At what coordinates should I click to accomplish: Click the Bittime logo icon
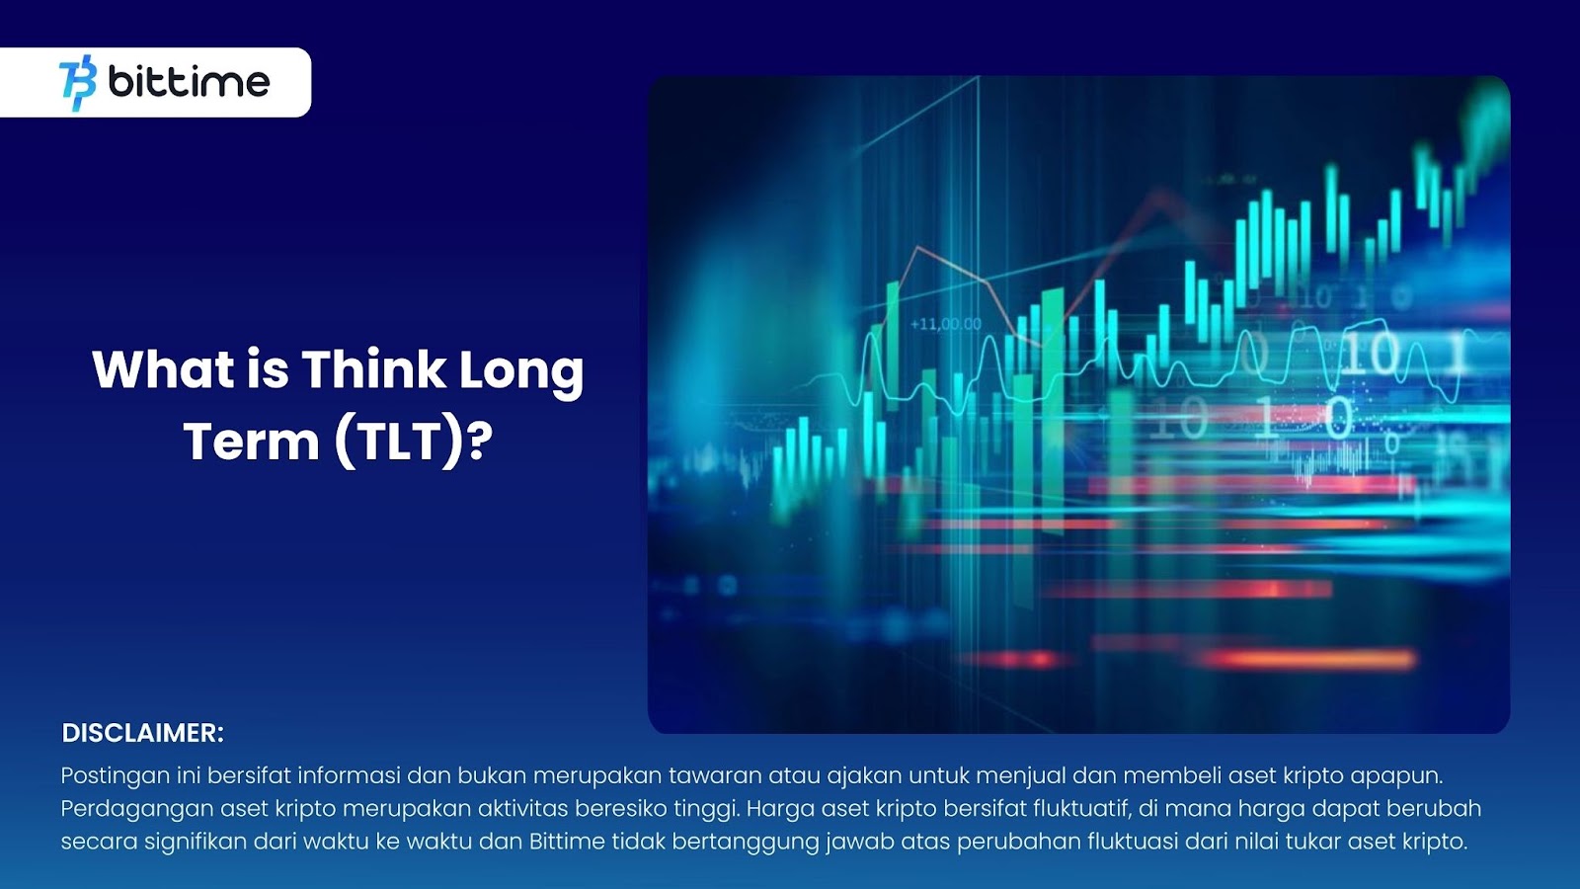coord(78,83)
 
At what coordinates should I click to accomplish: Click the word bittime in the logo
coord(189,82)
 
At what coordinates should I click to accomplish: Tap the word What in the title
coord(163,369)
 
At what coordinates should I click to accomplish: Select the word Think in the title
coord(374,369)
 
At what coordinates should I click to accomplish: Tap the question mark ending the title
coord(480,441)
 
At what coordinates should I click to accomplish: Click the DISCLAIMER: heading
coord(142,733)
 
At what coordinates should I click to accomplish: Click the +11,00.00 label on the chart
coord(946,325)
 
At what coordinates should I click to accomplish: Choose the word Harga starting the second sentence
coord(781,809)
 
